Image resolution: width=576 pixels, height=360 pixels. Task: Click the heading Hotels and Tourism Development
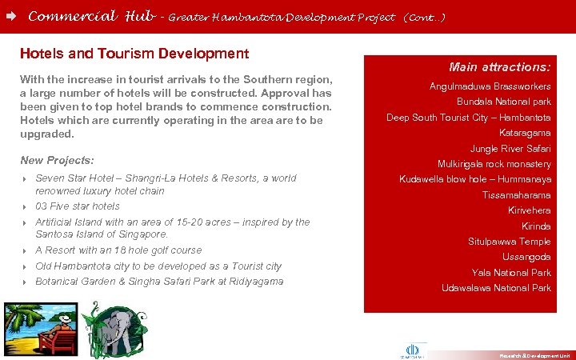click(134, 54)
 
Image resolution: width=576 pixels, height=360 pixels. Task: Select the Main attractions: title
click(499, 67)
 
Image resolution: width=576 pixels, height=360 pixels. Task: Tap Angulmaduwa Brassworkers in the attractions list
click(490, 86)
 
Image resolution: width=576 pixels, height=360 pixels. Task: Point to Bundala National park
click(503, 102)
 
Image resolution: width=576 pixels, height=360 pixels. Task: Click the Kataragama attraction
click(525, 133)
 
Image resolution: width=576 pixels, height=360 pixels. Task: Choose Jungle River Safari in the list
click(510, 148)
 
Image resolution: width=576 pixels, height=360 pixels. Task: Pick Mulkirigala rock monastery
click(494, 164)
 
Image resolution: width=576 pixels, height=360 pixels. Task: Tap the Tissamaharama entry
click(516, 195)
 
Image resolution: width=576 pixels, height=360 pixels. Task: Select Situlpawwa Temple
click(509, 242)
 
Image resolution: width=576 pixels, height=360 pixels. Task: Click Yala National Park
click(511, 273)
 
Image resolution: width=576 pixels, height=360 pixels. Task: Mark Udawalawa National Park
click(496, 288)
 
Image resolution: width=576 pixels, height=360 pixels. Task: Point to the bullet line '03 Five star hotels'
click(78, 206)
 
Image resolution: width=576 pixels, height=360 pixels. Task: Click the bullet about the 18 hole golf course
click(118, 250)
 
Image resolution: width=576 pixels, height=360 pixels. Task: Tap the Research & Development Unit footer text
click(534, 354)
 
